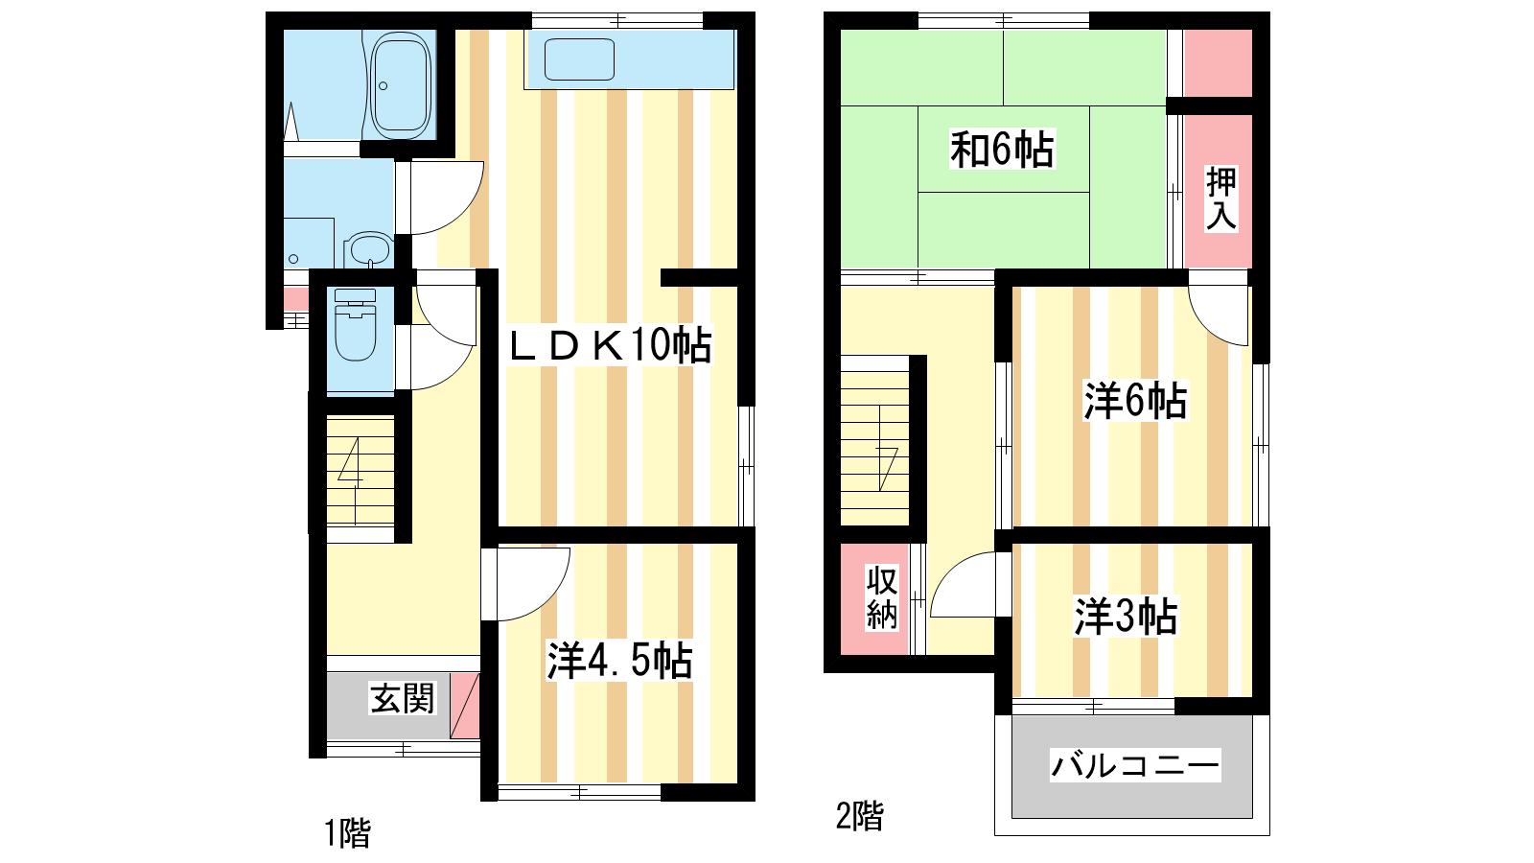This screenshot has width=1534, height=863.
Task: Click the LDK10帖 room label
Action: click(610, 344)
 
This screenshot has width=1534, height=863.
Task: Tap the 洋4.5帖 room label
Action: click(619, 661)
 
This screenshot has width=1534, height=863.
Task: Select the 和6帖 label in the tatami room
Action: click(1002, 149)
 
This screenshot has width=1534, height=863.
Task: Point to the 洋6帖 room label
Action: click(1135, 401)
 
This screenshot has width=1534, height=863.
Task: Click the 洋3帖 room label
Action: click(1126, 616)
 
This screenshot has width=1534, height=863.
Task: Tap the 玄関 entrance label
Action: click(402, 699)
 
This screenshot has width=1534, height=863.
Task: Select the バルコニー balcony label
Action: click(1135, 765)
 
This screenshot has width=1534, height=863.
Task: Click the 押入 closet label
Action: click(1221, 198)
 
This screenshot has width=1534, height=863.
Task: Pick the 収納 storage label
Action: click(881, 597)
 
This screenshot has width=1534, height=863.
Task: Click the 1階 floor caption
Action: click(347, 833)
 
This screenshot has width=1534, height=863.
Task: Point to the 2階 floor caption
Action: click(859, 816)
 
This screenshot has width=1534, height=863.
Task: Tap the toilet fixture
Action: click(356, 324)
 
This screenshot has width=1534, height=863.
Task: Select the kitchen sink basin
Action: click(579, 59)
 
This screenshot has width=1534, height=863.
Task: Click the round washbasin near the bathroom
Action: click(368, 250)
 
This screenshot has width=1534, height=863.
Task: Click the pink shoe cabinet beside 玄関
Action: click(465, 706)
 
